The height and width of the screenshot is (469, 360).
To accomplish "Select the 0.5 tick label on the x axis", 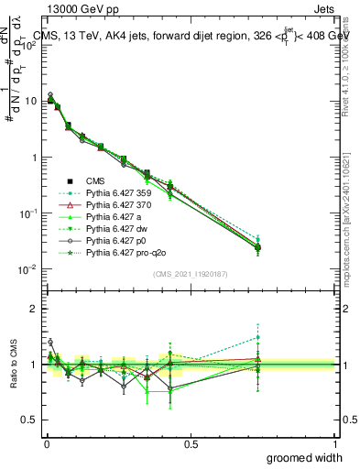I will tap(191, 442).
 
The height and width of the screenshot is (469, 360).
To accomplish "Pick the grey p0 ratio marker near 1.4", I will tap(50, 342).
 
